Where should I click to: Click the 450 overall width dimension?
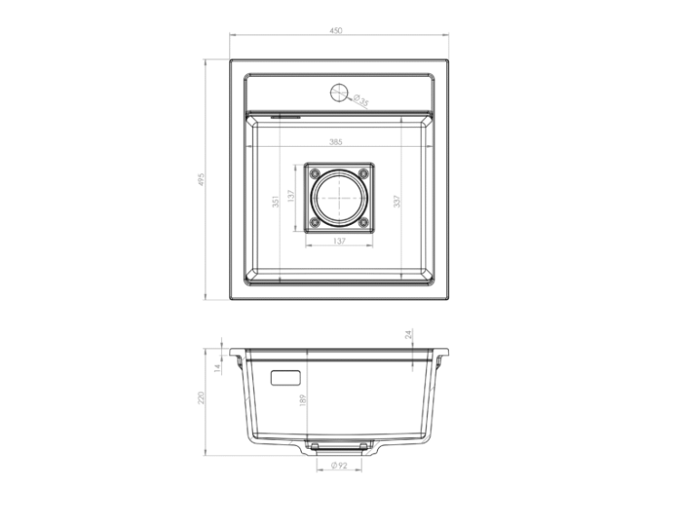pos(336,30)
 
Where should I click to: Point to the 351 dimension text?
pos(276,202)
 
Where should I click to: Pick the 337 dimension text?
pos(396,201)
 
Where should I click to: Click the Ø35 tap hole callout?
pos(361,101)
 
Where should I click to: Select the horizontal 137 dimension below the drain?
pos(339,241)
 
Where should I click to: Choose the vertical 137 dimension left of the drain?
pos(290,198)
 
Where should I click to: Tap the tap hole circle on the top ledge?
pos(339,92)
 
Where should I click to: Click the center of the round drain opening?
pos(339,197)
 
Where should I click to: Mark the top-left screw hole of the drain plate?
pos(315,172)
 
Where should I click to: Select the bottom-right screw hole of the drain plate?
pos(364,222)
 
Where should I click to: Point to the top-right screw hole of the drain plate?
pos(364,172)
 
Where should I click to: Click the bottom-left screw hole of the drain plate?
pos(315,222)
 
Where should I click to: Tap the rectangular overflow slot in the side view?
pos(287,374)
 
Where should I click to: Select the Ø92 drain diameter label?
pos(339,465)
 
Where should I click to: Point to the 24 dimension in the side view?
pos(408,335)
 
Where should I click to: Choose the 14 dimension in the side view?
pos(218,367)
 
